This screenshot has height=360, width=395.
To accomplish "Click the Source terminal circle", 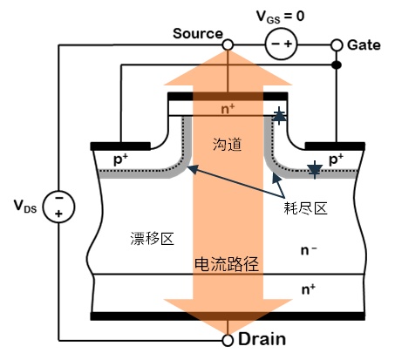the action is pos(228,45).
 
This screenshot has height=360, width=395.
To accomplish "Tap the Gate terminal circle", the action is pos(337,45).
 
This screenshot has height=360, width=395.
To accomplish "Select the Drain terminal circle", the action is pos(228,340).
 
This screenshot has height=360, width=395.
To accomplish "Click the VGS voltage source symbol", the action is pos(281,44).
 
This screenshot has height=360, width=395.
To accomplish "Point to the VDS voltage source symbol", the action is pos(58,207).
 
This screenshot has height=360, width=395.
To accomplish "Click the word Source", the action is pos(198,34).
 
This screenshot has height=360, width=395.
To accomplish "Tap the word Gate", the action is pos(364,45).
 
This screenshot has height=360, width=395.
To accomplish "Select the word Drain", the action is pos(262,339).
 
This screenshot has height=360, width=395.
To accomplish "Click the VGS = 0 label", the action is pos(280,17).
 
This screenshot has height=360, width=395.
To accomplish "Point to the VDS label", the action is pos(25,206).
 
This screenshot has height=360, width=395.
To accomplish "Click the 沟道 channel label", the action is pos(228,144).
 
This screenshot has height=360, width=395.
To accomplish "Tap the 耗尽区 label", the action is pos(305,208).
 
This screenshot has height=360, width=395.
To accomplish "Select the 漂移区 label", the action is pos(152,239).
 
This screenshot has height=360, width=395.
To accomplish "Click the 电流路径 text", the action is pos(227,264).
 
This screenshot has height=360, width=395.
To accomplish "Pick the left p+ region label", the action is pos(120,160).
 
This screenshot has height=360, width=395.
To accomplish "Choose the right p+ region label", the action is pos(336,160).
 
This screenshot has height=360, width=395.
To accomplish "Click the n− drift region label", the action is pos(309,250).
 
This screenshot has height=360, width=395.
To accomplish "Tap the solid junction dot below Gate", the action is pos(337,65).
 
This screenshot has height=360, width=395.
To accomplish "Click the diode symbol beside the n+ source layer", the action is pos(279,116).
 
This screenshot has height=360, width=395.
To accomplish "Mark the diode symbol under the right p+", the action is pos(315,170).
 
